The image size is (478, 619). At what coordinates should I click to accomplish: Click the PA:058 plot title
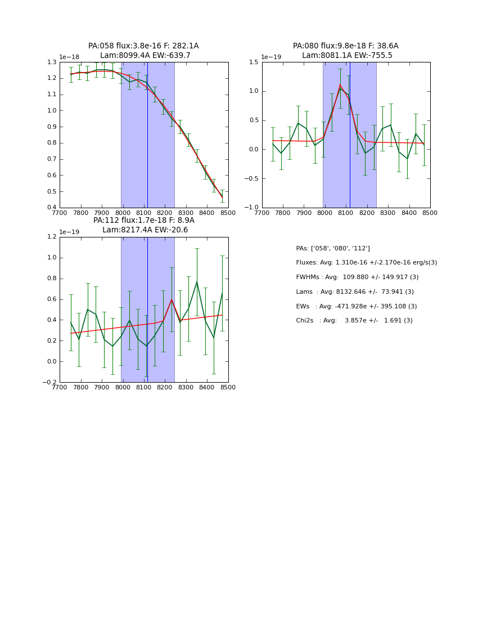[x=143, y=51]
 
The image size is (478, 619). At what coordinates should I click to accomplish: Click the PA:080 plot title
[x=345, y=51]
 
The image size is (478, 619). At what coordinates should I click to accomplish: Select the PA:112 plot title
[x=143, y=225]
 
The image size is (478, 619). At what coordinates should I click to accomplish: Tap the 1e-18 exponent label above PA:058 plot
[x=69, y=57]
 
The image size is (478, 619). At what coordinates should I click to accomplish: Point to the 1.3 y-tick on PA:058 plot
[x=52, y=62]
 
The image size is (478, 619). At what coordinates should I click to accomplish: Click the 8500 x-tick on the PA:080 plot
[x=430, y=213]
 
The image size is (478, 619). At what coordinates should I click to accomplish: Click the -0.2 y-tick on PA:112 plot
[x=49, y=383]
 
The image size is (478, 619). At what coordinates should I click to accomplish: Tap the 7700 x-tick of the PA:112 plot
[x=60, y=388]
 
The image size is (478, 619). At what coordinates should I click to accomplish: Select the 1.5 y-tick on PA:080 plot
[x=254, y=62]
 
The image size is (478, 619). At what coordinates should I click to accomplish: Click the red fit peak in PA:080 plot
[x=340, y=84]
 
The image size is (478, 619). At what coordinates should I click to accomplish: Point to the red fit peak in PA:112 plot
[x=172, y=299]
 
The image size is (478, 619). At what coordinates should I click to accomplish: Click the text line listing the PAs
[x=333, y=248]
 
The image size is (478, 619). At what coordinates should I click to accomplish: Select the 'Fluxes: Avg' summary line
[x=366, y=263]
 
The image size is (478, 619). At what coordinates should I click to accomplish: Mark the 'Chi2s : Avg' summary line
[x=354, y=321]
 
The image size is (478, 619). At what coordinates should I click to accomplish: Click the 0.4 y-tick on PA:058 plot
[x=52, y=208]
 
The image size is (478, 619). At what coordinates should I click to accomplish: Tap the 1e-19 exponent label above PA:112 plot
[x=69, y=232]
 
